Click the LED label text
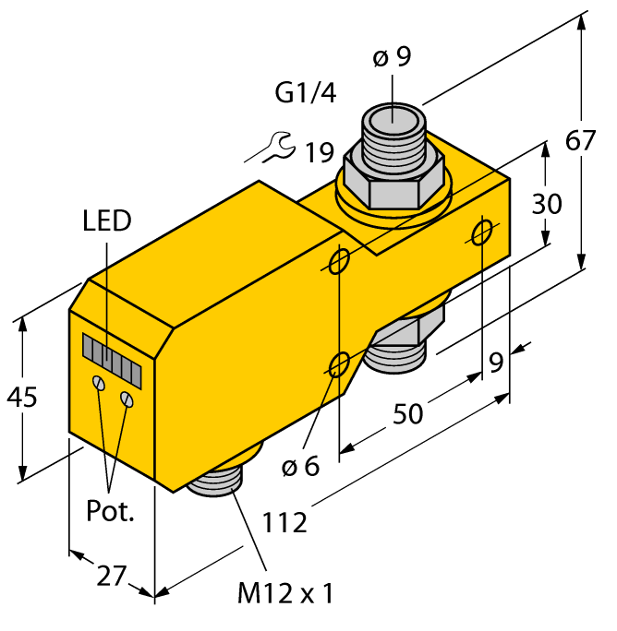(107, 221)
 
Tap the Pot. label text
(111, 510)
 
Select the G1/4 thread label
(306, 93)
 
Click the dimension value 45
(22, 399)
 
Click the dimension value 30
(547, 203)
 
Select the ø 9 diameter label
(392, 58)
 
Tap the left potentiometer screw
(97, 383)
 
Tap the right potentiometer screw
(128, 398)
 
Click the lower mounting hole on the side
(340, 364)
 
